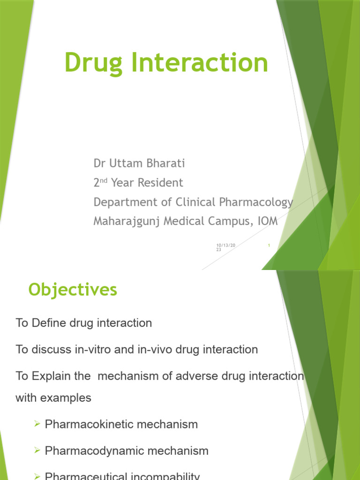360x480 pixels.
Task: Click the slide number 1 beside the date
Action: click(x=269, y=245)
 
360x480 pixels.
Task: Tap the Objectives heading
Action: click(x=73, y=290)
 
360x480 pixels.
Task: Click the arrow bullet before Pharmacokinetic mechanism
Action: click(x=38, y=424)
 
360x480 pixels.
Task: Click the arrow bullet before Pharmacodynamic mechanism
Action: click(x=38, y=451)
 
